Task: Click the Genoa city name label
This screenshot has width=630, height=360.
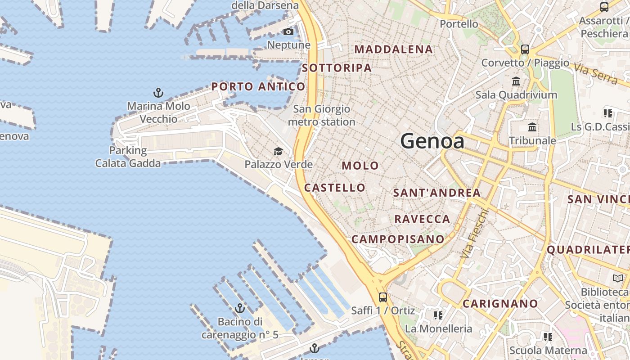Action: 432,141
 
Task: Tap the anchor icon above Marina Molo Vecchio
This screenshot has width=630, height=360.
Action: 158,93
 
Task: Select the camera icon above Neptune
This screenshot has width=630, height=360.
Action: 288,31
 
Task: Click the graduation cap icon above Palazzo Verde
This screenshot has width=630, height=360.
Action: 279,151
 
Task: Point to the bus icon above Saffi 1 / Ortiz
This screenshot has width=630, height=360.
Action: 382,297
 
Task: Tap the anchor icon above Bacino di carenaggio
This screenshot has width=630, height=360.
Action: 240,308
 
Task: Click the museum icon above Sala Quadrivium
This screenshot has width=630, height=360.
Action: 516,81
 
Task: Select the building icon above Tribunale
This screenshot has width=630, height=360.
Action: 532,127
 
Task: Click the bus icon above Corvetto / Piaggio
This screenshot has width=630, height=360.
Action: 525,49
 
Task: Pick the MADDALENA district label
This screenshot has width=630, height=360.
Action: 394,49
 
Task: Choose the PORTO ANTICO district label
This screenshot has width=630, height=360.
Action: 258,86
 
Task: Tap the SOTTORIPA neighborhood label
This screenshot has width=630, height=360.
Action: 337,68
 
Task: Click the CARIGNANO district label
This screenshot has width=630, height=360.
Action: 500,304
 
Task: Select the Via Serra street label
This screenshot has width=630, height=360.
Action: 595,73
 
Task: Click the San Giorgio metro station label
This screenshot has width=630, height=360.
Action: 321,115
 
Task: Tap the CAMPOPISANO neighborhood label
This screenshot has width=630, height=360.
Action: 398,239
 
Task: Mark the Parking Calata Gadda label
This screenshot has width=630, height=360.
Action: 128,157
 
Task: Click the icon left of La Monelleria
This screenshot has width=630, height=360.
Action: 438,315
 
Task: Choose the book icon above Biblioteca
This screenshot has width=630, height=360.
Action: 617,279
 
